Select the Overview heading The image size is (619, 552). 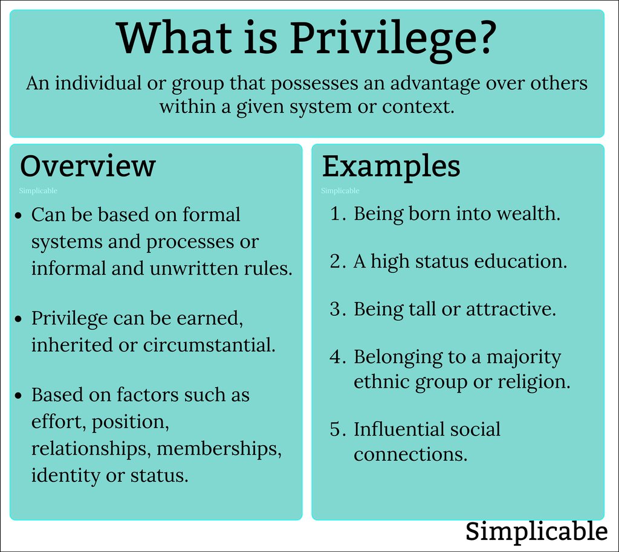88,166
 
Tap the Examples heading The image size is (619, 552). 391,166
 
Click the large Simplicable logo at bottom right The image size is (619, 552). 536,532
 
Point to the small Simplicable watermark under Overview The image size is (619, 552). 38,191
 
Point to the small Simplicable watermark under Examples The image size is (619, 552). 340,191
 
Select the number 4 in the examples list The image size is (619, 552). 335,357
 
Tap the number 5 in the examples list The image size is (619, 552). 335,429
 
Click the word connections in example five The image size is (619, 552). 410,454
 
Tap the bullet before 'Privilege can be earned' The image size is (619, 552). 19,318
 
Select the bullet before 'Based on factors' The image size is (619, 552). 19,395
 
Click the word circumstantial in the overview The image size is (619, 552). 209,345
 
